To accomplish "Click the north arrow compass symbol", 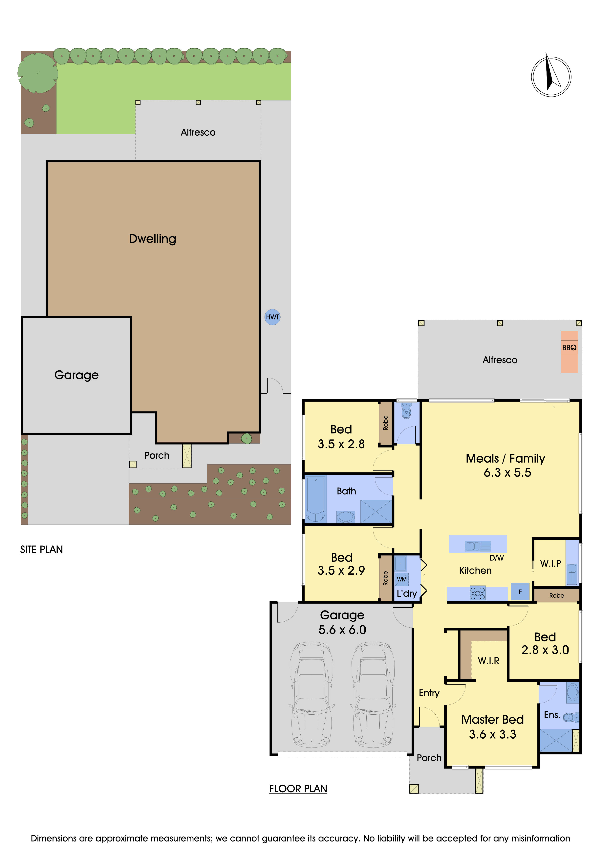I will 551,77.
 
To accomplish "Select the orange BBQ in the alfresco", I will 569,352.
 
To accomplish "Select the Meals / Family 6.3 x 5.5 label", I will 506,465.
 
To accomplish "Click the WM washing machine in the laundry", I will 402,579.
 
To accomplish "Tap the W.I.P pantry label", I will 550,563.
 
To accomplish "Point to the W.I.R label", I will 488,660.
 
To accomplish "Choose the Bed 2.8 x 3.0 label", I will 545,643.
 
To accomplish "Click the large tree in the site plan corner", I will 37,73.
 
